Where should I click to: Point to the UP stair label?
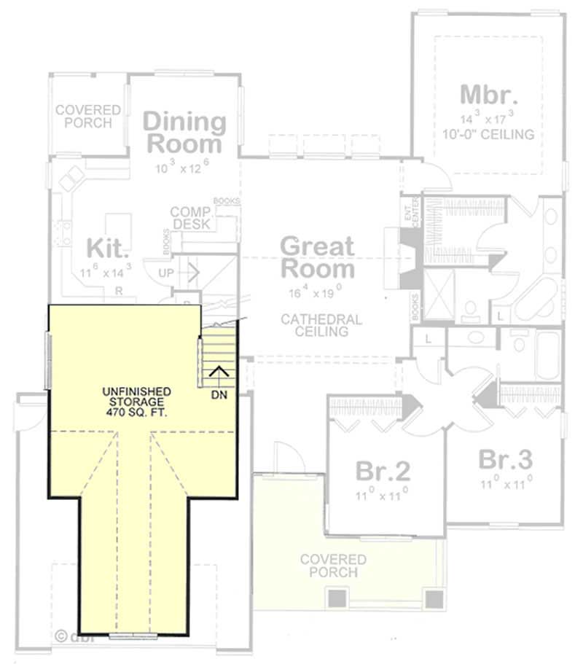[166, 273]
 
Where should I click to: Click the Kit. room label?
[108, 248]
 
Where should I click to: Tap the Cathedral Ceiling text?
[321, 325]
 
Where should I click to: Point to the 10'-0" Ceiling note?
[488, 134]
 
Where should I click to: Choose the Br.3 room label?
[505, 460]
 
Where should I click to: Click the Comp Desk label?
[190, 218]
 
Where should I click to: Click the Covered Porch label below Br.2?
[333, 566]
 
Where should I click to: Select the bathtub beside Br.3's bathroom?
[547, 355]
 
